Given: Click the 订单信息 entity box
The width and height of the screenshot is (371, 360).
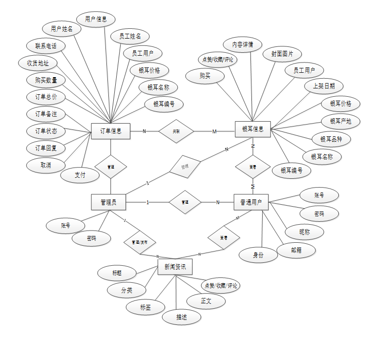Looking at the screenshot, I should (111, 131).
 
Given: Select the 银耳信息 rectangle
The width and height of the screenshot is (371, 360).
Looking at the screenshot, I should (252, 129).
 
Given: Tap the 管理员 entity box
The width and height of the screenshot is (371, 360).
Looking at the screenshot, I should (109, 202).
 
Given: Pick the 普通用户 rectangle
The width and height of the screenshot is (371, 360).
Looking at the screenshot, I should (251, 202).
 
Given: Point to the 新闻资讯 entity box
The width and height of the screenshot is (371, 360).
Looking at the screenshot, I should (175, 267).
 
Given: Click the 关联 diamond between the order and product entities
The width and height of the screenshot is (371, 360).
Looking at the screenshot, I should (176, 131).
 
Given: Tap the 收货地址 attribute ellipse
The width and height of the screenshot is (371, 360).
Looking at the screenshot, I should (38, 63).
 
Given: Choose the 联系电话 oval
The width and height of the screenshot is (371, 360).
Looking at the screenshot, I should (45, 46).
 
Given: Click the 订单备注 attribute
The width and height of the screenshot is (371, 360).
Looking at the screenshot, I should (46, 114).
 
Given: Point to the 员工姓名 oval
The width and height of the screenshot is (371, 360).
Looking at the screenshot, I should (130, 36).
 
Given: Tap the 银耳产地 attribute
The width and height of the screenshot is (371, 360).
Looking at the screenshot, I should (341, 121).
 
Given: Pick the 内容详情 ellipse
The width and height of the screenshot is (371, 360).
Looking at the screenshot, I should (243, 44).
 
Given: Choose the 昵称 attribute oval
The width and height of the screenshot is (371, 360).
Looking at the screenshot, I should (305, 232).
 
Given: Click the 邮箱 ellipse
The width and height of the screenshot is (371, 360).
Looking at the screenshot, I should (296, 250).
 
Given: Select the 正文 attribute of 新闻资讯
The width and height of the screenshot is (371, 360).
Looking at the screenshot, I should (206, 301).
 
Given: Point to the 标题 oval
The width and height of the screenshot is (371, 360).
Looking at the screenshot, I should (117, 273).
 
